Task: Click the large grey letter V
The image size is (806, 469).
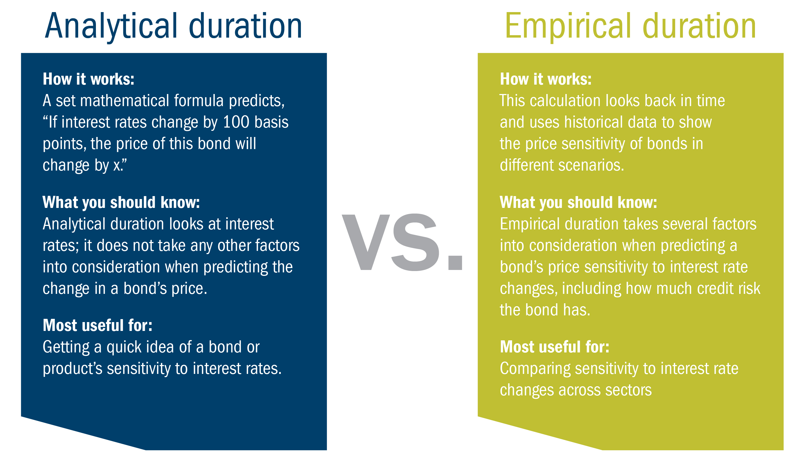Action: pos(366,242)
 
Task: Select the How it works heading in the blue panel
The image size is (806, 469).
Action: pos(89,79)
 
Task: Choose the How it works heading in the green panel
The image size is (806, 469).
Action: pos(546,79)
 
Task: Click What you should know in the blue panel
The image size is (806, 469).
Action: pos(121,202)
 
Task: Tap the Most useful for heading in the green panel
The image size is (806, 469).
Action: pos(555,347)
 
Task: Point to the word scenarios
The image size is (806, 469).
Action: pos(591,165)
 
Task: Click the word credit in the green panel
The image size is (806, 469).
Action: pos(717,289)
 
